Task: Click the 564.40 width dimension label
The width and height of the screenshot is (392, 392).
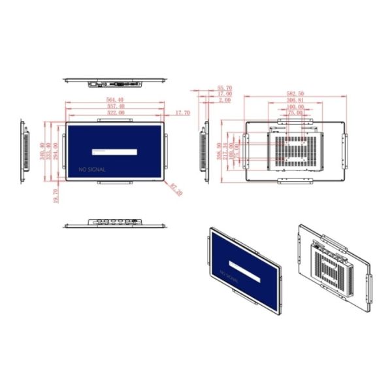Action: point(116,99)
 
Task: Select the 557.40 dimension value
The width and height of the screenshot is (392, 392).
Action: point(116,106)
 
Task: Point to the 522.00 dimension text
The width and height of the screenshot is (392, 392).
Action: point(116,112)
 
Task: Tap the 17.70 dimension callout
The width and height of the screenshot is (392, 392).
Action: point(182,112)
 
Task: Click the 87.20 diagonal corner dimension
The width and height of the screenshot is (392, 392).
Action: point(176,189)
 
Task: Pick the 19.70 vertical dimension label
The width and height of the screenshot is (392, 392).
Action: point(56,195)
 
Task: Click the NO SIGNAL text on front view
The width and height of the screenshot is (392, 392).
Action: point(92,169)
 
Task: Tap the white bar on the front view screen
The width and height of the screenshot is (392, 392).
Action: point(114,152)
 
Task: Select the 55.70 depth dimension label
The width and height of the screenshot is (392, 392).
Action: point(224,88)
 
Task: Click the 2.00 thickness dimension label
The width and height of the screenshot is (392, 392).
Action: point(224,101)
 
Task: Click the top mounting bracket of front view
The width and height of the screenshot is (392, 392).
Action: point(116,120)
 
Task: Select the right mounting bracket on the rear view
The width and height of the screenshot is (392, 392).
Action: point(347,150)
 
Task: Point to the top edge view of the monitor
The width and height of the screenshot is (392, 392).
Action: point(116,82)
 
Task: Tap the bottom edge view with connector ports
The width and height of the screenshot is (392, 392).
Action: point(116,224)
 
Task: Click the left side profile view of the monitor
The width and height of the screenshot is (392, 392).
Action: point(25,150)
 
